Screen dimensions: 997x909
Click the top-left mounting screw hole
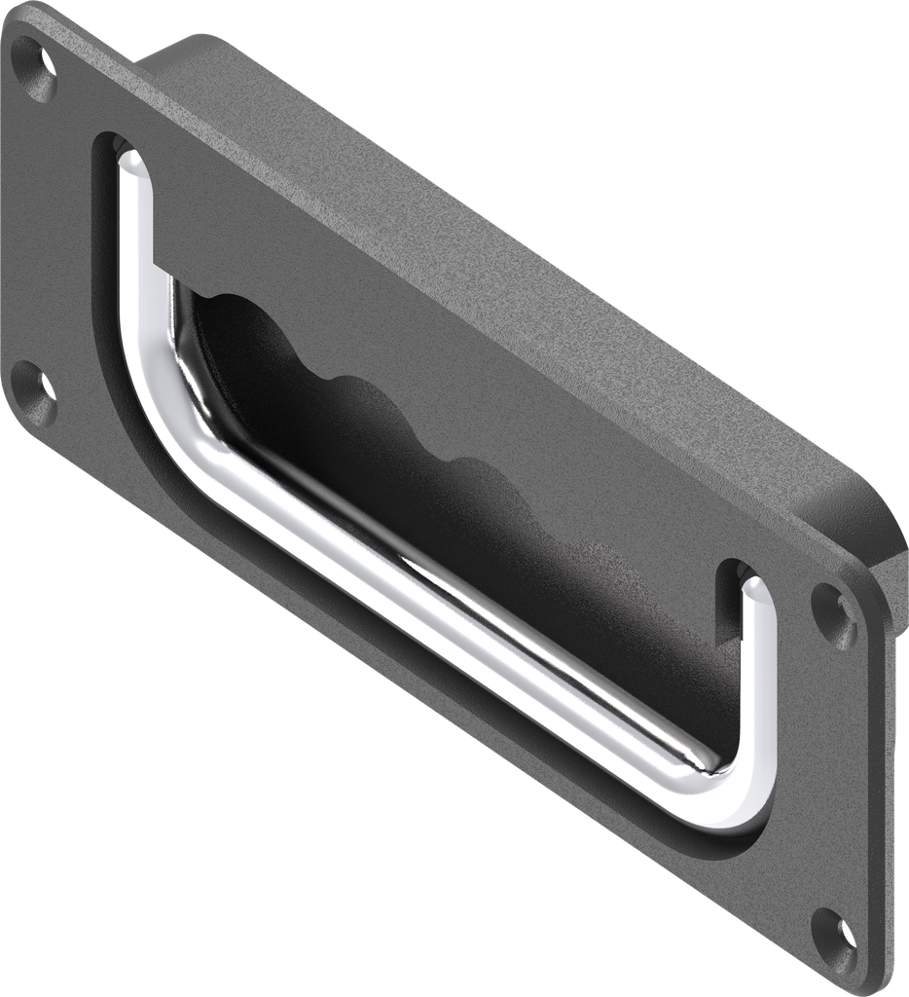click(40, 67)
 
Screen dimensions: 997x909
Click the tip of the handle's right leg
click(750, 584)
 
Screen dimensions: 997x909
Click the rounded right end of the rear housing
click(881, 545)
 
